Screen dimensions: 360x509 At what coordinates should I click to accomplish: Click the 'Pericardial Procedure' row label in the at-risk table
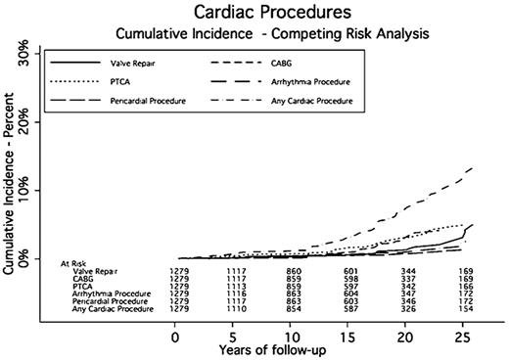116,301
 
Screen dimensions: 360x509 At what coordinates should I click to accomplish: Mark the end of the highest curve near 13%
500,168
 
